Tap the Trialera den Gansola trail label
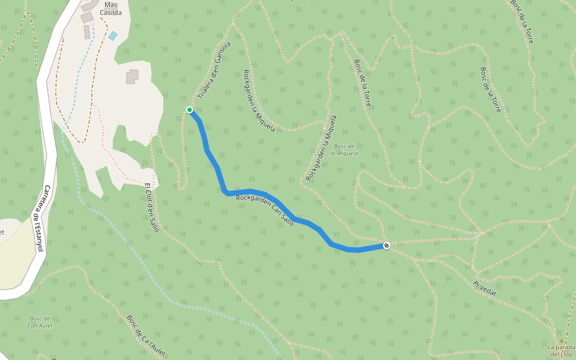(x=214, y=70)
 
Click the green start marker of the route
(x=190, y=110)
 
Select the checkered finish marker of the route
(x=387, y=245)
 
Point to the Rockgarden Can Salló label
(x=265, y=209)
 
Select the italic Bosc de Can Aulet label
(x=40, y=322)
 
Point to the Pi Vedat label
(x=485, y=287)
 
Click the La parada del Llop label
(x=561, y=350)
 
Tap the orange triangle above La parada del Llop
(x=561, y=340)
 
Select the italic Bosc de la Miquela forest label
(x=346, y=149)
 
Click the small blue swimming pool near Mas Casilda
(x=113, y=36)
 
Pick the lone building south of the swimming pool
(x=132, y=76)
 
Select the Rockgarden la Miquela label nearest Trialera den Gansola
(x=259, y=100)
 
